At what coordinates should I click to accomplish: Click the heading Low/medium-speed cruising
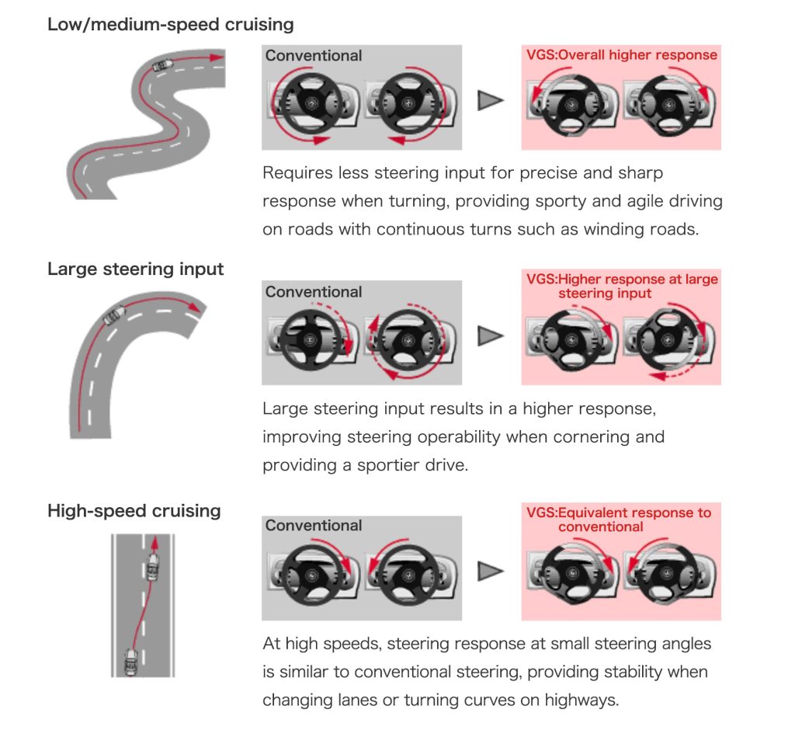click(170, 24)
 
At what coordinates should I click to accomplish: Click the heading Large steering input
click(136, 269)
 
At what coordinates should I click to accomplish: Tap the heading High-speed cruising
click(134, 511)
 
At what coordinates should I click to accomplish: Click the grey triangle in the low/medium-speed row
click(490, 100)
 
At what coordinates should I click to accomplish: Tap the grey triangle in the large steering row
click(490, 335)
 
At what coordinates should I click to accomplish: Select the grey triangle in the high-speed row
click(490, 572)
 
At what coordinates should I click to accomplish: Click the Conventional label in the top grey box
click(314, 56)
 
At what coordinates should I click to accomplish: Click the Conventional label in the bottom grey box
click(314, 526)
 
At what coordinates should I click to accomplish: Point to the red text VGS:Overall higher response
click(621, 55)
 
